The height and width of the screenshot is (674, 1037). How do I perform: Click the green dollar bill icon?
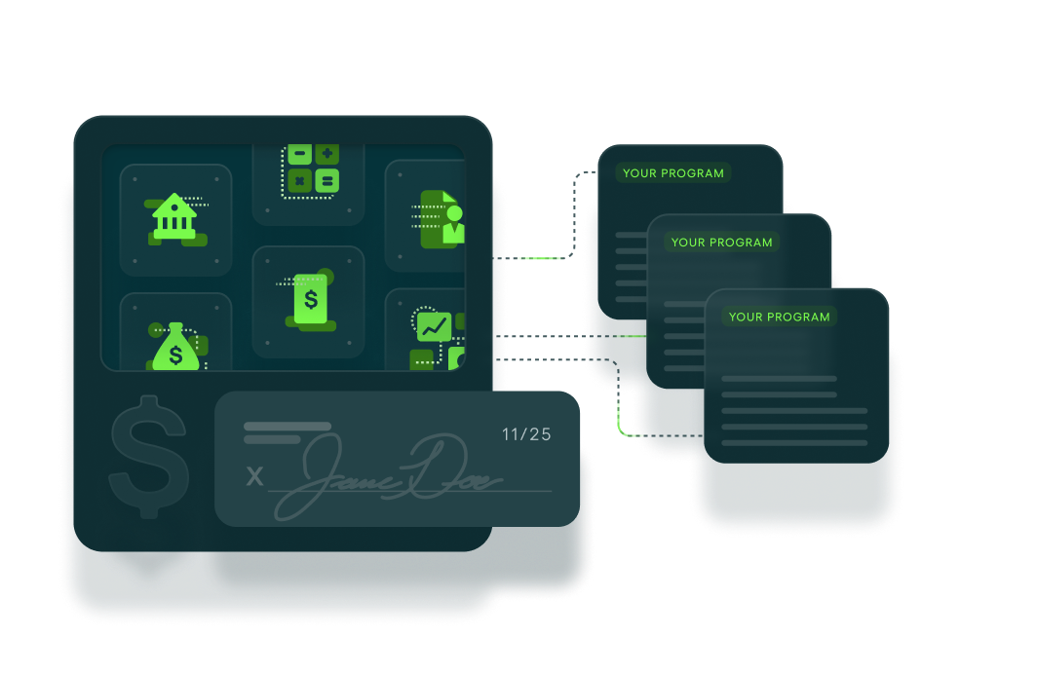(311, 299)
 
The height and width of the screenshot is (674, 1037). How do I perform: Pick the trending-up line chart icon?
(434, 326)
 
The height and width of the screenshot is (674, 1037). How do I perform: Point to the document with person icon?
(442, 219)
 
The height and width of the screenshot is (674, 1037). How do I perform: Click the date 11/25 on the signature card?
(526, 434)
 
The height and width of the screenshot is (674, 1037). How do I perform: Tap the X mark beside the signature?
(254, 475)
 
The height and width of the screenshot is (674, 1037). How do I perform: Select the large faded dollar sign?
(149, 457)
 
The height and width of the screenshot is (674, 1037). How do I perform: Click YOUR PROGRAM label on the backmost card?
(673, 173)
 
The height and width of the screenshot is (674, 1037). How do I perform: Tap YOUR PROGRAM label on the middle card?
(721, 243)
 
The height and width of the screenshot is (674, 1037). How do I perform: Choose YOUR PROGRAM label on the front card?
(779, 318)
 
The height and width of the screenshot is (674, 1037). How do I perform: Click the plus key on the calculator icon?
(326, 154)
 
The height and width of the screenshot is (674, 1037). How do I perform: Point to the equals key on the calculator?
(326, 180)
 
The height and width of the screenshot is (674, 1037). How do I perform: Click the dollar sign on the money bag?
(175, 355)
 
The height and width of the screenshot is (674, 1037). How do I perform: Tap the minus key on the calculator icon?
(299, 154)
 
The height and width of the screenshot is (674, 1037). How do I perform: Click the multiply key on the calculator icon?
(299, 180)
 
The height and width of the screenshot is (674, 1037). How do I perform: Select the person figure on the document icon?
(454, 225)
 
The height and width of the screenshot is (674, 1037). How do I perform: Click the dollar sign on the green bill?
(311, 299)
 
